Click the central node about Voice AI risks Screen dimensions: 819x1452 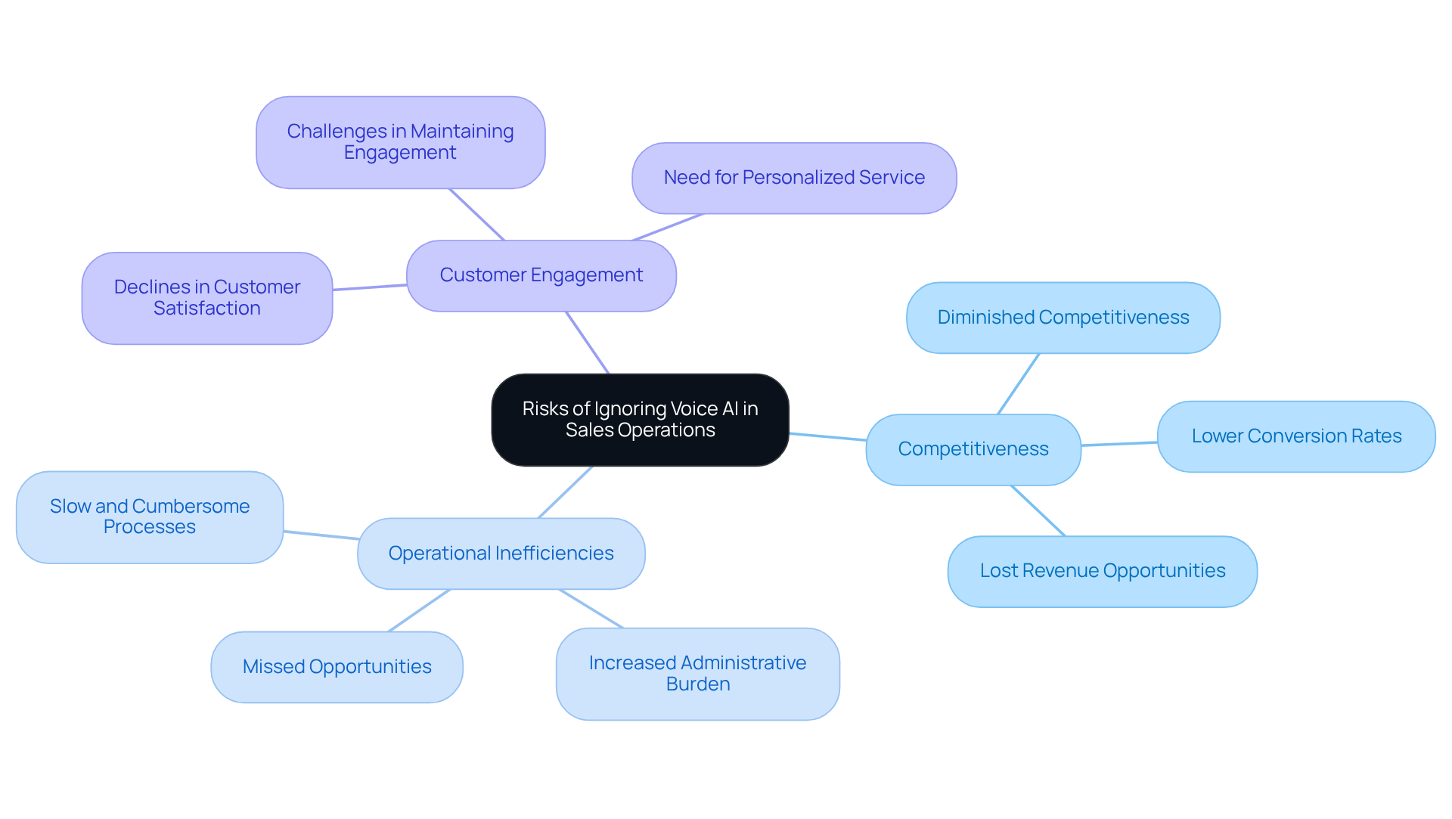[640, 420]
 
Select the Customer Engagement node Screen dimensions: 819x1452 [541, 275]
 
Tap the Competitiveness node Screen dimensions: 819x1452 [973, 449]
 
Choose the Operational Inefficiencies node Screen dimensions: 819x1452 [501, 554]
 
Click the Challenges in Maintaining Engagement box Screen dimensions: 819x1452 [400, 142]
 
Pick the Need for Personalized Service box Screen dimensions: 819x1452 [794, 178]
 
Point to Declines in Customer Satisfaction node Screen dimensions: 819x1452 [206, 298]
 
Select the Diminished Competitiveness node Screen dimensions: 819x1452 [1063, 318]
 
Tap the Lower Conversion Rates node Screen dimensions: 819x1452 [1295, 436]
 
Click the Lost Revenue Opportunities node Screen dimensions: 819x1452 [1102, 571]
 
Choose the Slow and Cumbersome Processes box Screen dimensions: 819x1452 [149, 517]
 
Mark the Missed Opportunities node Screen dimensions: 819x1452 [337, 667]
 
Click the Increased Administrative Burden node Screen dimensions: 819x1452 [697, 673]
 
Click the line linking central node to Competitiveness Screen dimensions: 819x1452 [827, 436]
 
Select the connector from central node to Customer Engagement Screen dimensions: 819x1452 [588, 343]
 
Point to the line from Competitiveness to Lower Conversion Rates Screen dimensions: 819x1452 [1119, 444]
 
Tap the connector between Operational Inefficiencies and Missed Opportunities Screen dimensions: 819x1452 [419, 610]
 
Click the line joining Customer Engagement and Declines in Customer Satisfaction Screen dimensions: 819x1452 [369, 287]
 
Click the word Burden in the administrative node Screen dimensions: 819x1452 [697, 684]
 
